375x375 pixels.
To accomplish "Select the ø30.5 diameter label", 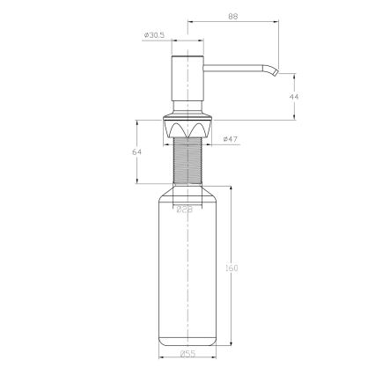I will (x=154, y=35).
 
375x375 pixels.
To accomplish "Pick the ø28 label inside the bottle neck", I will (x=185, y=210).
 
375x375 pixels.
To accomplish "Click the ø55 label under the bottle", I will (x=187, y=353).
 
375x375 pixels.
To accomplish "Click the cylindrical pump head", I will (x=187, y=82).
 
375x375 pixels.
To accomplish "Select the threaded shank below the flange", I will (x=187, y=163).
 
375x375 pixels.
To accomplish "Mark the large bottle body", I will (x=187, y=273).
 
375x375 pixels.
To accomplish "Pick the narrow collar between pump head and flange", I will (x=187, y=112).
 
